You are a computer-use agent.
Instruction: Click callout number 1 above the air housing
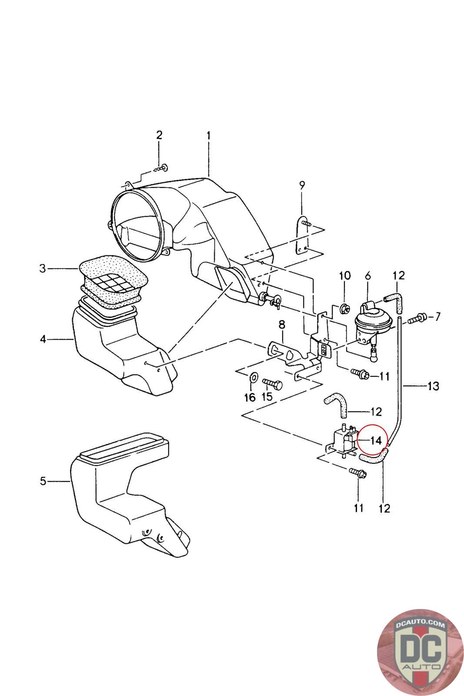209,136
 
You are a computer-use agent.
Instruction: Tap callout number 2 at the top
159,135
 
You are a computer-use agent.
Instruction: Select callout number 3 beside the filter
43,268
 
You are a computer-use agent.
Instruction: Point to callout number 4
43,339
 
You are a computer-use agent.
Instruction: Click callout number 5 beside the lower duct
43,481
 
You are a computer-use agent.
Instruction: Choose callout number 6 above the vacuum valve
368,276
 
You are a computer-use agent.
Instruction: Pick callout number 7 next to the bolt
437,317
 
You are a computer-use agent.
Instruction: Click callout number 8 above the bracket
282,325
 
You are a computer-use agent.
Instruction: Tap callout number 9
302,185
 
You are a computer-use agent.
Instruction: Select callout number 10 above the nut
345,276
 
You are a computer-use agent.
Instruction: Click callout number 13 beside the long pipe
433,386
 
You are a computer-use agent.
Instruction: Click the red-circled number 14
375,441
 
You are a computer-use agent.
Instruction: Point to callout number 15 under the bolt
267,396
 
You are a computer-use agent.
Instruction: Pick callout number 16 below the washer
250,397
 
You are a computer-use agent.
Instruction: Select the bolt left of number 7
417,318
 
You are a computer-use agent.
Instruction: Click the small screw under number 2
161,168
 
